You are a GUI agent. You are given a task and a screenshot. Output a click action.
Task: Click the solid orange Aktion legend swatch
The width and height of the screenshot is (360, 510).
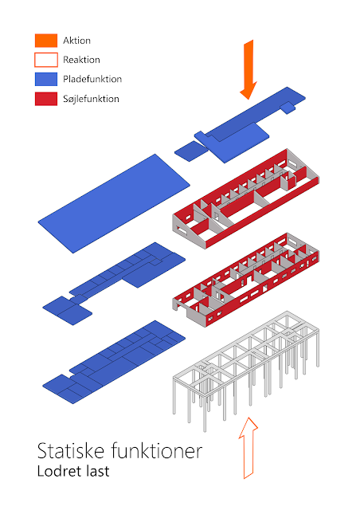pyautogui.click(x=46, y=41)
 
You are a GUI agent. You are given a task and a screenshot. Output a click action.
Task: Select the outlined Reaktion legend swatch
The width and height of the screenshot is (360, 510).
pyautogui.click(x=46, y=60)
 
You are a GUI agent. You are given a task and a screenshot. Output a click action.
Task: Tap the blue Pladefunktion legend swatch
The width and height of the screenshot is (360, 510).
pyautogui.click(x=46, y=79)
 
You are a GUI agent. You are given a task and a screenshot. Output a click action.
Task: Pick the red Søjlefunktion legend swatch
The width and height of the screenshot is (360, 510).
pyautogui.click(x=46, y=99)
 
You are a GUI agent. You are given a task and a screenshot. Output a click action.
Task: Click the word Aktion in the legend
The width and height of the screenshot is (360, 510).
pyautogui.click(x=76, y=41)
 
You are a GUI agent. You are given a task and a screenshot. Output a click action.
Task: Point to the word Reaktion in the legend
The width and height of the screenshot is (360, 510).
pyautogui.click(x=81, y=60)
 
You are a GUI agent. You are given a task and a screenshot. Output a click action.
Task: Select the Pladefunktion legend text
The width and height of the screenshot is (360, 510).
pyautogui.click(x=92, y=79)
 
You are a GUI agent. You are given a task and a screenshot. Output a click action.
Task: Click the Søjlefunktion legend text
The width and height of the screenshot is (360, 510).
pyautogui.click(x=91, y=99)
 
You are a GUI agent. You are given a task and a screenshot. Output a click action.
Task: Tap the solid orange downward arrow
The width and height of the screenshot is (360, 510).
pyautogui.click(x=248, y=69)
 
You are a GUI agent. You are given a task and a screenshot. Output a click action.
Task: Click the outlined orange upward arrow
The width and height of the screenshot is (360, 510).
pyautogui.click(x=248, y=448)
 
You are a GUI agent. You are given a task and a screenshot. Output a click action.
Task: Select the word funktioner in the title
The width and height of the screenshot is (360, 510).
pyautogui.click(x=157, y=451)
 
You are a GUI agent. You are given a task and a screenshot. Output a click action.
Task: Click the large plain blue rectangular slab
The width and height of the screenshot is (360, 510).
pyautogui.click(x=114, y=204)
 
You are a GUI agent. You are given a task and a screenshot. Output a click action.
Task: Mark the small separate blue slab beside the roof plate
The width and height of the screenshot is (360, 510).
pyautogui.click(x=191, y=151)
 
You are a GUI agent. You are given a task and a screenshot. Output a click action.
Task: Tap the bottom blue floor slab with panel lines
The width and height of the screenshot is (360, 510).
pyautogui.click(x=114, y=362)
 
